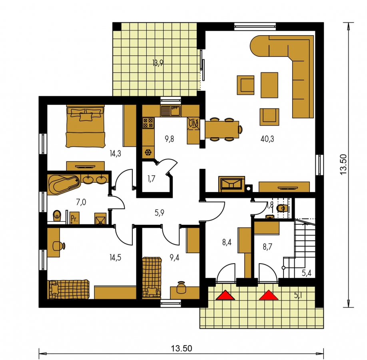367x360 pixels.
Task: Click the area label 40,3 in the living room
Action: (267, 139)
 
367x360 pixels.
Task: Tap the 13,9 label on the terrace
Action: (158, 63)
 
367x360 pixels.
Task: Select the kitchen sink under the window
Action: (171, 111)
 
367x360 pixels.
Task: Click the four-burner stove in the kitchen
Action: (148, 123)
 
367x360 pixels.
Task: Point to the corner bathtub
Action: (64, 184)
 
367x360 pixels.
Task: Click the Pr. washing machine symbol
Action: (74, 218)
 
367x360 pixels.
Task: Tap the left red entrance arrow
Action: (225, 295)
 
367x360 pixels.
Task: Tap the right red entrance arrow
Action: (269, 295)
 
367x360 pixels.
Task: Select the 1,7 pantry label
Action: (151, 179)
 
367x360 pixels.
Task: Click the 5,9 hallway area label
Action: (160, 213)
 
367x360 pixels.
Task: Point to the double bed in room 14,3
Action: (86, 126)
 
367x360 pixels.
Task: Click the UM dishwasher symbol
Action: (193, 124)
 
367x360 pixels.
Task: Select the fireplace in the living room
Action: (231, 184)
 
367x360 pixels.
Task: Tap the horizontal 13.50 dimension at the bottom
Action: (182, 348)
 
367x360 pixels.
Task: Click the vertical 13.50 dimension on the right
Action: (343, 164)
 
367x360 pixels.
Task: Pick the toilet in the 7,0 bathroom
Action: (57, 215)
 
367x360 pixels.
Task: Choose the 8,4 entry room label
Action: (227, 242)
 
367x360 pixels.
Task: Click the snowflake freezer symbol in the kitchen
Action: (148, 153)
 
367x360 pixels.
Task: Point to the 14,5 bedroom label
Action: (116, 258)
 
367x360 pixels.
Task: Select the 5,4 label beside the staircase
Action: (307, 273)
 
